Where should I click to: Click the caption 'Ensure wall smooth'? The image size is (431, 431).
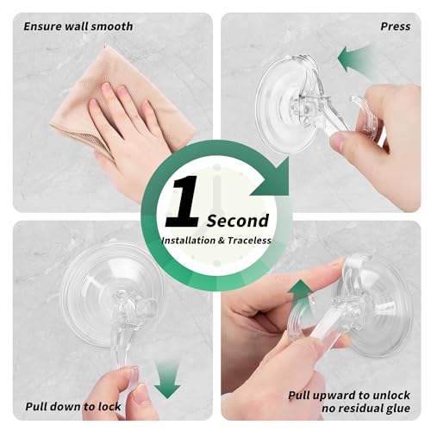click(x=78, y=27)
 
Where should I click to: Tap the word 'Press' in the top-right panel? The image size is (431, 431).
click(x=395, y=27)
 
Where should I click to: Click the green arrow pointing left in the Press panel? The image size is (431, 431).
click(x=356, y=60)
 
